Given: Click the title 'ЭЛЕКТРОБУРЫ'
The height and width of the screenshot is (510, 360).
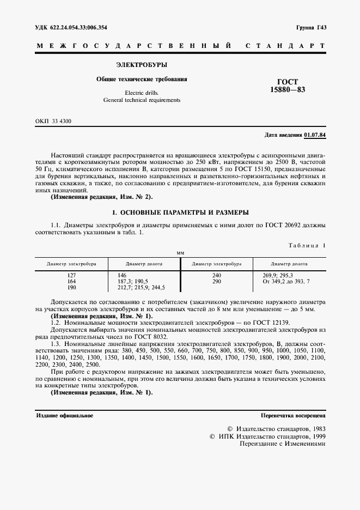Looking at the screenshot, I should tap(142, 64).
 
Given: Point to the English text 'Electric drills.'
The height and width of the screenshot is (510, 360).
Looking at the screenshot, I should tap(142, 93).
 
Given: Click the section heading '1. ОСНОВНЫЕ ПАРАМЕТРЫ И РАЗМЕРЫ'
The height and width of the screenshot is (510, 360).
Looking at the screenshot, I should tap(180, 211).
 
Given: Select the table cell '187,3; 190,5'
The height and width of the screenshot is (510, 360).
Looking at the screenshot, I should tap(133, 281).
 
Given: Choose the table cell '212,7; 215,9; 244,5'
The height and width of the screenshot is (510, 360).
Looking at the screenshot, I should tap(141, 287).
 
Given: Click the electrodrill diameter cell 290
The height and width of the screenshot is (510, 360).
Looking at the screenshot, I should tap(217, 281).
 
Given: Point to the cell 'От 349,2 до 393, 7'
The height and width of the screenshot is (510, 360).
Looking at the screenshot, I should tap(285, 281).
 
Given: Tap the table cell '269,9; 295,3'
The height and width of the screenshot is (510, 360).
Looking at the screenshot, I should tap(278, 275).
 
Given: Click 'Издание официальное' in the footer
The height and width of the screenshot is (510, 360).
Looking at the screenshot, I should tap(64, 416).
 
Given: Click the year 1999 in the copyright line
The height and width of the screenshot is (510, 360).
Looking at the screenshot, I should tap(317, 436).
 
